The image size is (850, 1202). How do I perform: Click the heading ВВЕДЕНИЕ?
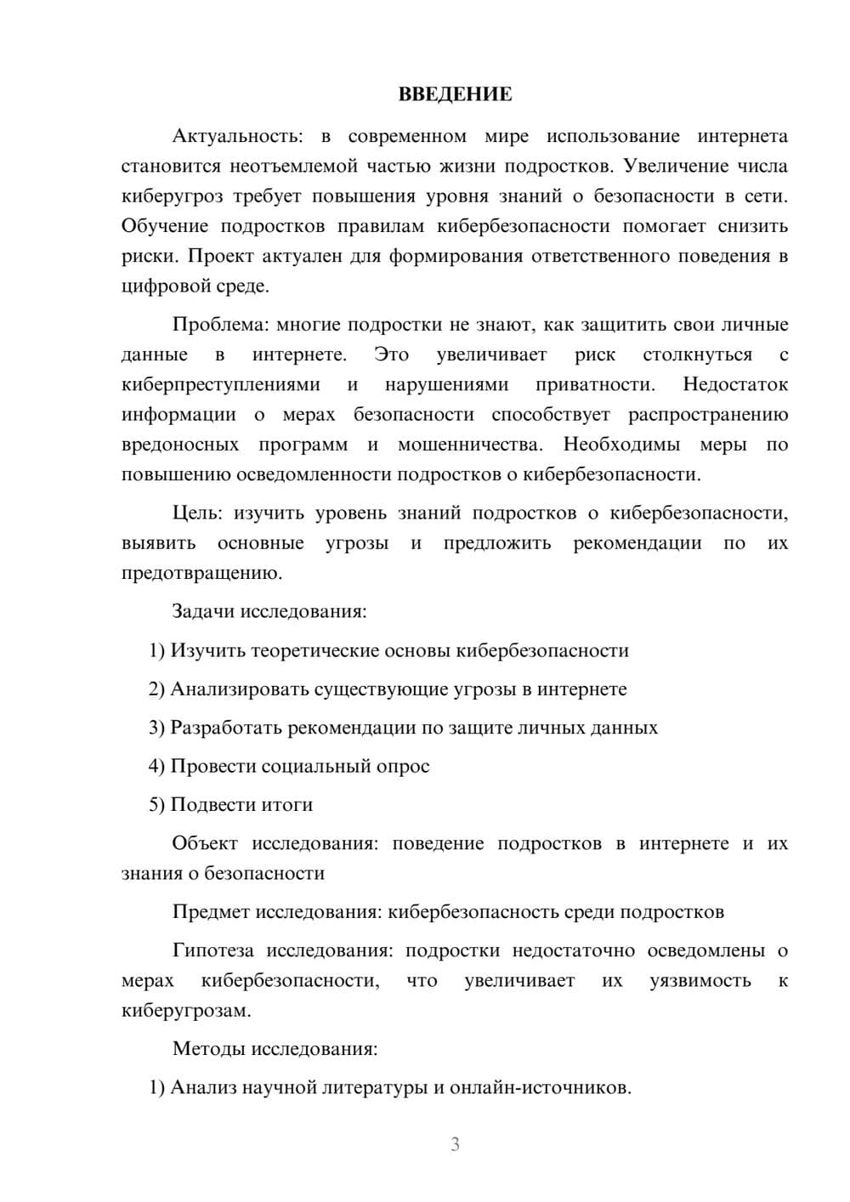pos(455,94)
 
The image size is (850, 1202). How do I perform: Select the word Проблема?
pos(220,325)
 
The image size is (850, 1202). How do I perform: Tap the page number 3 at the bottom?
pos(455,1144)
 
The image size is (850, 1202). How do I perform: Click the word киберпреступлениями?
pos(221,384)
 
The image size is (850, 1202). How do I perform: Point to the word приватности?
pos(595,384)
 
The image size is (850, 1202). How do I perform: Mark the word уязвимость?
pos(700,980)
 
